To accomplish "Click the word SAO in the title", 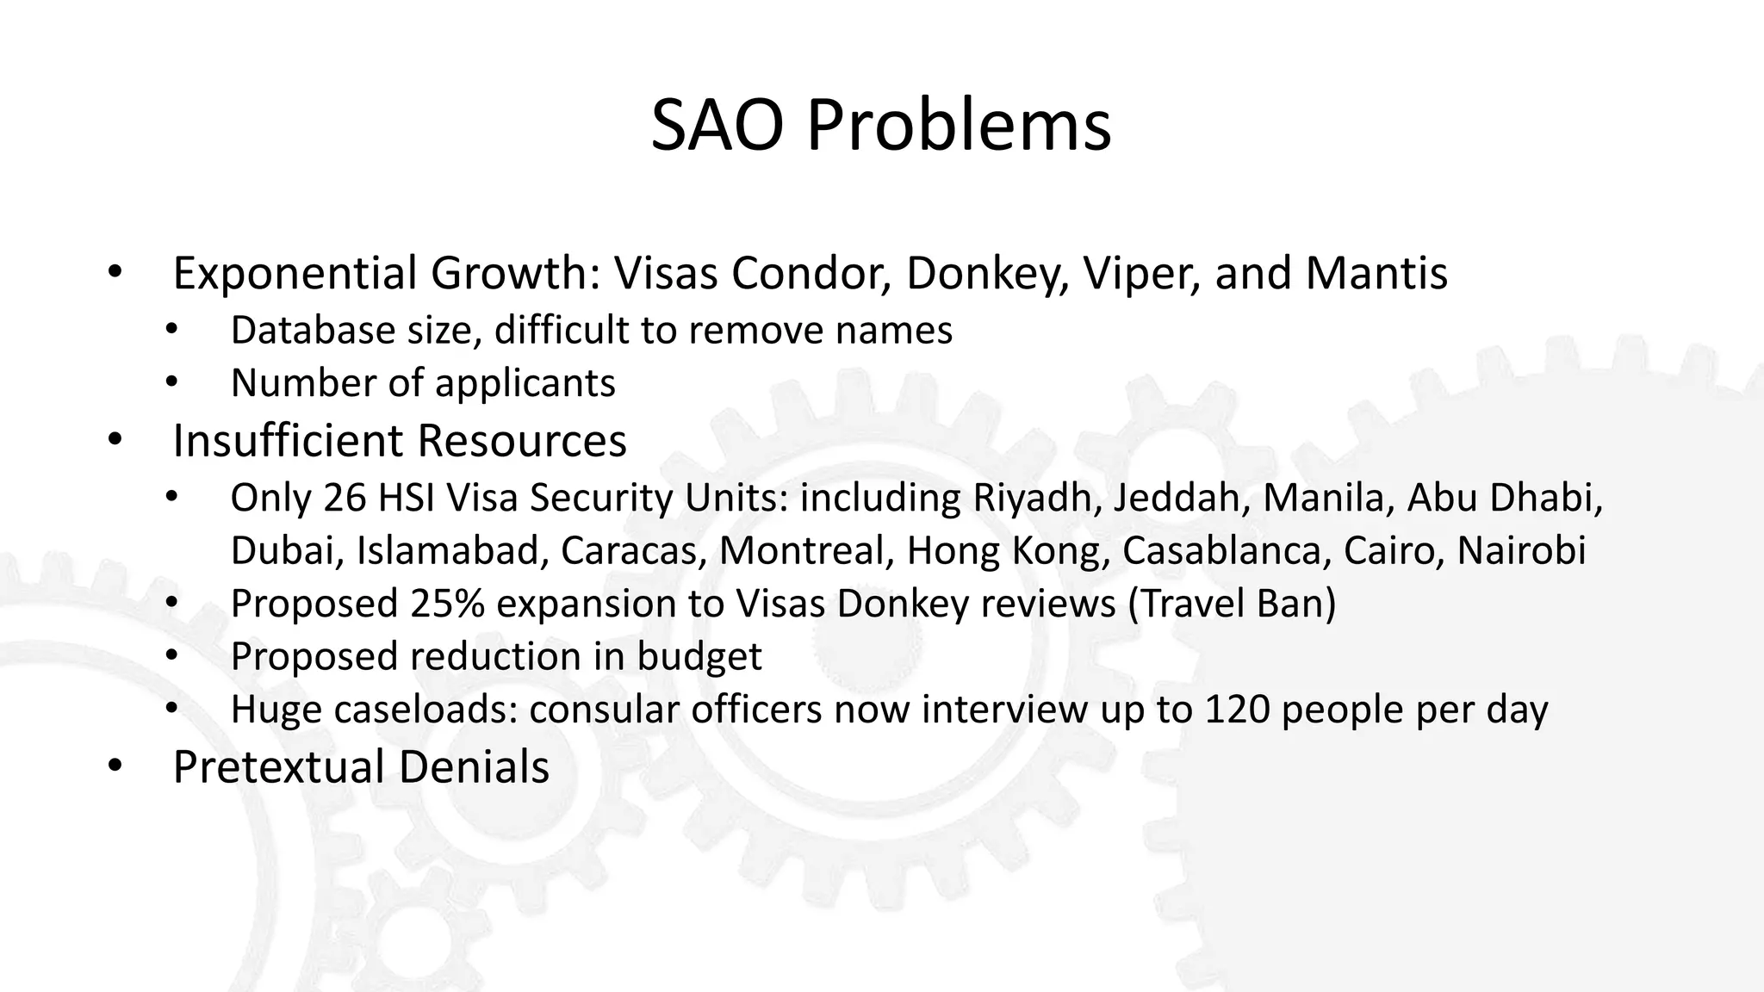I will (x=717, y=126).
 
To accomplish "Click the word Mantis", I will (x=1376, y=273).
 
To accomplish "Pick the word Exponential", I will (x=295, y=273).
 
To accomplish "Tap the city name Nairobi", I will (x=1521, y=550).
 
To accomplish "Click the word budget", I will (x=699, y=657).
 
